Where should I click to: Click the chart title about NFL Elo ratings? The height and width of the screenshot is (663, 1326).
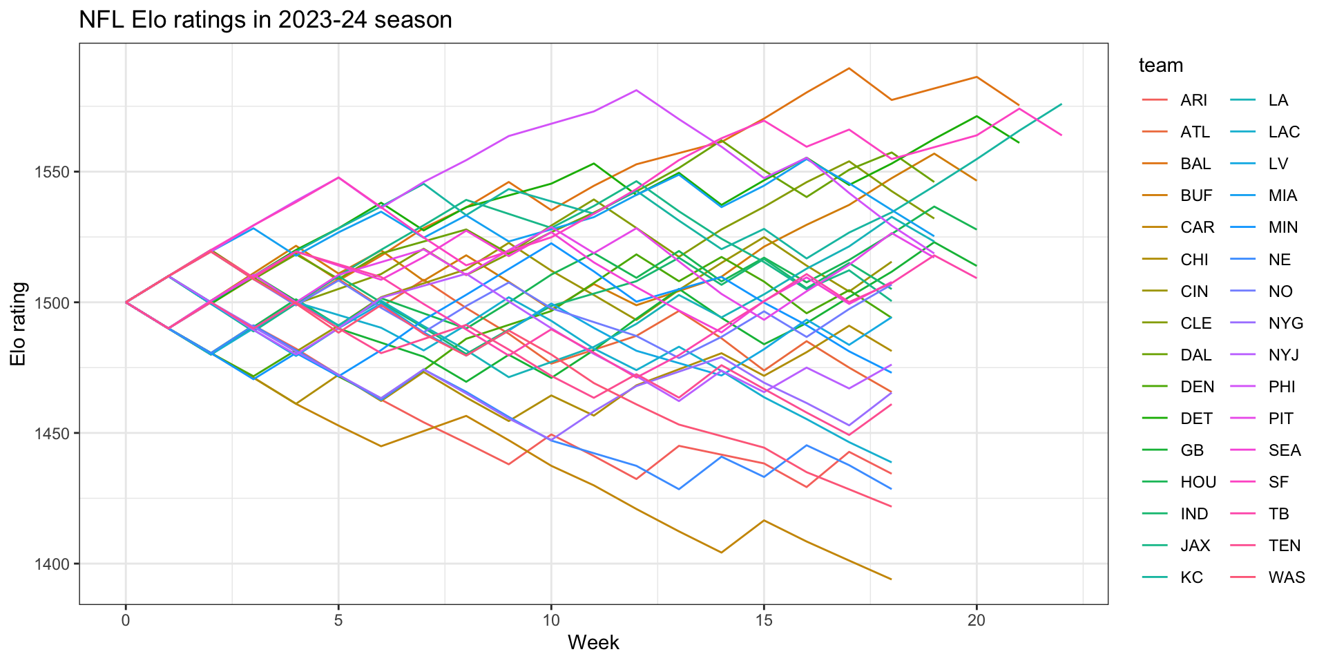coord(266,19)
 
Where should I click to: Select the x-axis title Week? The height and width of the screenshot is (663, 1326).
coord(593,642)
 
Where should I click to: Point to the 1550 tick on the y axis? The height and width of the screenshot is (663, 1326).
coord(55,172)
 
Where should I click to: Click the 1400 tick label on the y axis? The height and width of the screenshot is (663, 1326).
coord(55,564)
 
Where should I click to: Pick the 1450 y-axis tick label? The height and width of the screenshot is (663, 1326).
coord(55,434)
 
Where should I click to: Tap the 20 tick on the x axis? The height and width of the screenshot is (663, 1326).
coord(977,620)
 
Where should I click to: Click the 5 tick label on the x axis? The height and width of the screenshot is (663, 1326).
coord(338,620)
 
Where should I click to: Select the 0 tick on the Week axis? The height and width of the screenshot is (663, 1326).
coord(126,620)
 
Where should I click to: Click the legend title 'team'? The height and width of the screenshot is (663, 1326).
coord(1161,66)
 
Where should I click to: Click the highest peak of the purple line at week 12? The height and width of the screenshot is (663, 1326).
coord(636,90)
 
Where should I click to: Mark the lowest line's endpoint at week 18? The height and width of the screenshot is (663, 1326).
coord(892,579)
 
